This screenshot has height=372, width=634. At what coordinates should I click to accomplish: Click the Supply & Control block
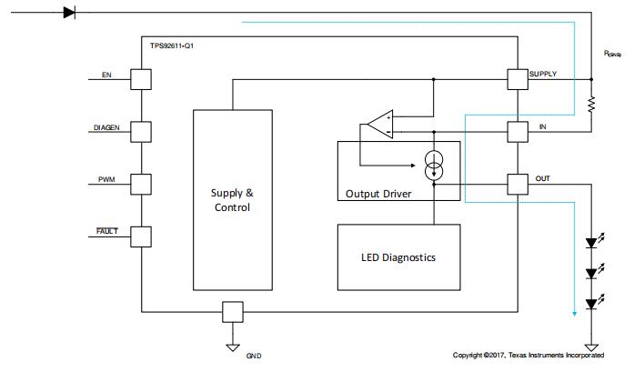tap(232, 199)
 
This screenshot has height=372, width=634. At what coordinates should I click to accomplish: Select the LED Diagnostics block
tap(398, 257)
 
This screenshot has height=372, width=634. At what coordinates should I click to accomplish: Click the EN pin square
tap(141, 79)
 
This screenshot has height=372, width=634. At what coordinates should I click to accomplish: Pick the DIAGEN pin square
tap(141, 132)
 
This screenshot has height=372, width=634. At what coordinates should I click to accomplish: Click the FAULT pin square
tap(141, 236)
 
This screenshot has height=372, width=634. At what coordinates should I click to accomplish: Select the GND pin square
tap(234, 312)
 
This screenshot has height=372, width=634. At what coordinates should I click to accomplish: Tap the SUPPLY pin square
tap(518, 79)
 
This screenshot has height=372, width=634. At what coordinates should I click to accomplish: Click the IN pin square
tap(518, 132)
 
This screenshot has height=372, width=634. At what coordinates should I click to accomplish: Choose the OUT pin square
tap(518, 183)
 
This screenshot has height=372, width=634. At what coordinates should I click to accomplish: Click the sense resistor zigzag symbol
tap(591, 106)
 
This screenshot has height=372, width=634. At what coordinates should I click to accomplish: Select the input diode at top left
tap(70, 12)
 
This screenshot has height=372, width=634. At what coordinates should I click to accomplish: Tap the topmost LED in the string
tap(591, 243)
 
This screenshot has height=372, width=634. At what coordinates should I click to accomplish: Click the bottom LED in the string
tap(591, 303)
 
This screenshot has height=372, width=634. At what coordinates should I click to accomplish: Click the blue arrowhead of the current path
tap(574, 315)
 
